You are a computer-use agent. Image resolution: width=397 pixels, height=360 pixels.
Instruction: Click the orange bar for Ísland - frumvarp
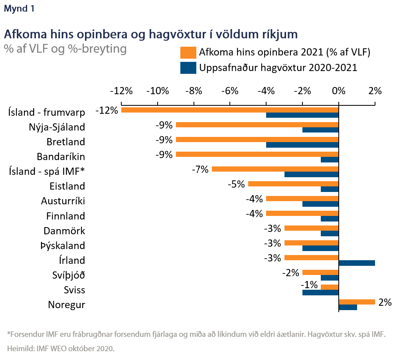pos(229,110)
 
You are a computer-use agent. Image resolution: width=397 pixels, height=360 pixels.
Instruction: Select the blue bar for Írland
pos(357,263)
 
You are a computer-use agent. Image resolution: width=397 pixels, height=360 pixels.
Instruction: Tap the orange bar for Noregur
pos(357,302)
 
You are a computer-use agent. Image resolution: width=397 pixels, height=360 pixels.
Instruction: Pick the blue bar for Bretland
pos(302,144)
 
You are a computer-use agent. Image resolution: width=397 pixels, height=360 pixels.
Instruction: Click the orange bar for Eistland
pos(293,184)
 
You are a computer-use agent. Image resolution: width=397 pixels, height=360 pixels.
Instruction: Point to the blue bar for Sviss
pos(320,292)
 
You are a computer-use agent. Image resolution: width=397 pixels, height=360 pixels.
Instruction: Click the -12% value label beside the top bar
pos(107,110)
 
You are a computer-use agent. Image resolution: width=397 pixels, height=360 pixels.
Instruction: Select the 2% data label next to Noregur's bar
pos(385,302)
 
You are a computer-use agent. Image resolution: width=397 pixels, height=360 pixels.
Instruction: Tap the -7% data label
pos(200,169)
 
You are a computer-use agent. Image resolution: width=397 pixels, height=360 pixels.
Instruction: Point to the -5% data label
pos(236,184)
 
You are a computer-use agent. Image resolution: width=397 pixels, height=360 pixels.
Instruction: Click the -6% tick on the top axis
pos(230,91)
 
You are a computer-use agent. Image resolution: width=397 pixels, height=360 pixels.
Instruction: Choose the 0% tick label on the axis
pos(338,91)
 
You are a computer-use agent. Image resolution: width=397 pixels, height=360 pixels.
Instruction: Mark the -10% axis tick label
pos(157,91)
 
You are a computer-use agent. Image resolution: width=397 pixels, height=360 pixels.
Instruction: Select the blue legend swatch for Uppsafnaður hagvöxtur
pos(188,68)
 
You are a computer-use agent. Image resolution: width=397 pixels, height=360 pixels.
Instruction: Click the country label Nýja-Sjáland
pos(57,127)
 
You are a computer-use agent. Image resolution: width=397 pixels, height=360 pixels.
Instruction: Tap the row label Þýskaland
pos(63,245)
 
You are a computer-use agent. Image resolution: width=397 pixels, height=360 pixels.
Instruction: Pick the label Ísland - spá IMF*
pos(47,171)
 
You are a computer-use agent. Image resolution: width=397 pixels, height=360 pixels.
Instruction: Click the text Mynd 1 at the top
pos(19,9)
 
